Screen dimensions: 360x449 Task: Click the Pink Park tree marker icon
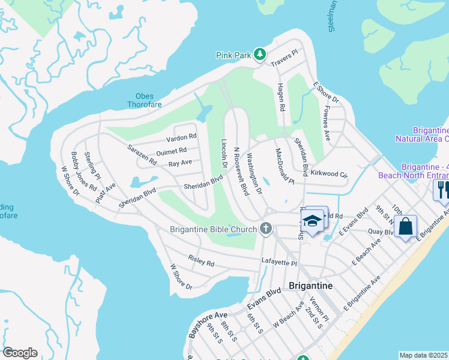click(x=259, y=55)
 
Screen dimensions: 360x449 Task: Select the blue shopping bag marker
click(x=406, y=226)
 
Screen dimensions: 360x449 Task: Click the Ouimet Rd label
click(x=171, y=151)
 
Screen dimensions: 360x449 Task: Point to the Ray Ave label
click(x=180, y=163)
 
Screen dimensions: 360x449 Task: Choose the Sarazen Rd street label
click(x=142, y=154)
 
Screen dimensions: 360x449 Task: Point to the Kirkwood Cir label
click(x=330, y=174)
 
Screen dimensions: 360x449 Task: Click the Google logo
click(x=20, y=353)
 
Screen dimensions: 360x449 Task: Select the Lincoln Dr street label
click(x=224, y=153)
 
